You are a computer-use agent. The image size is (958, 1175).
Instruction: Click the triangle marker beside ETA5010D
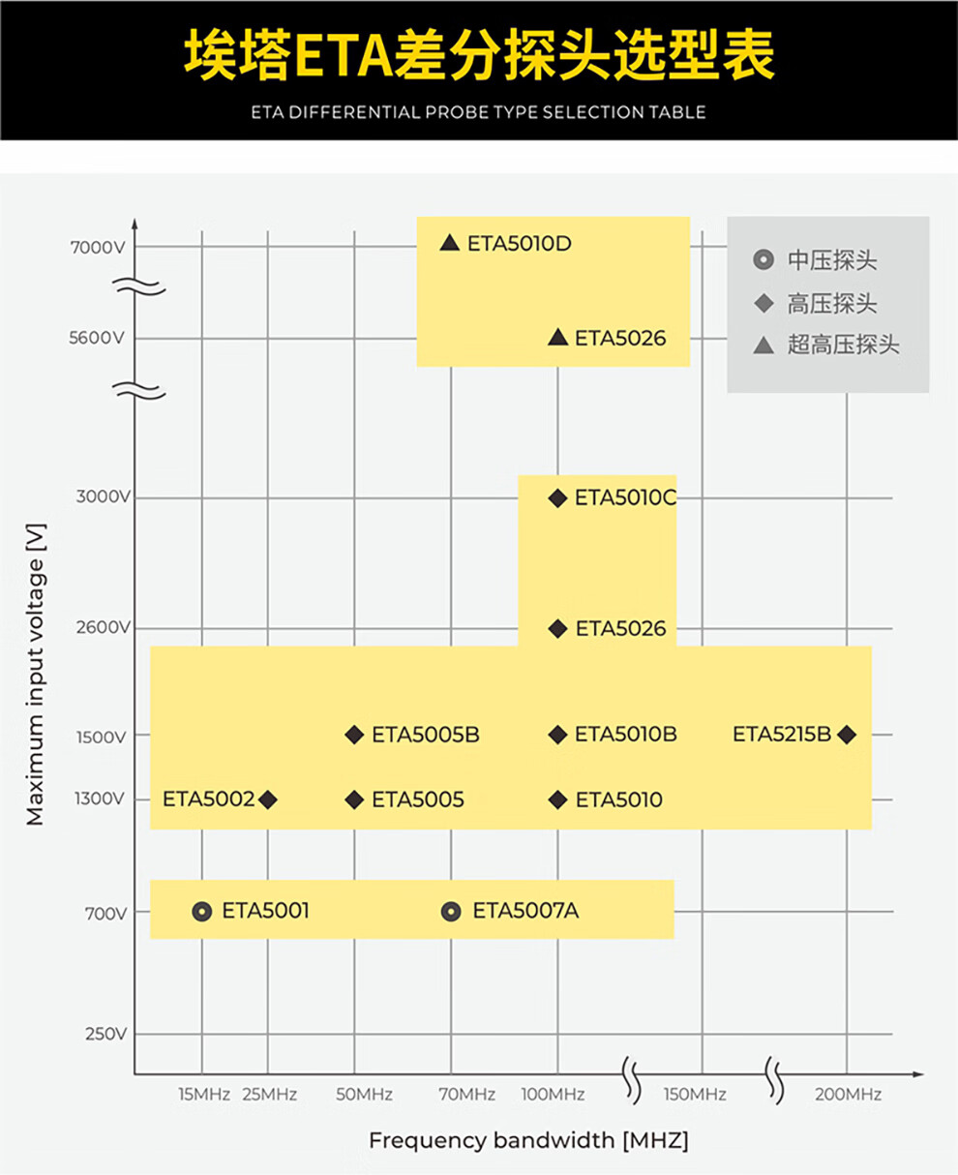pos(449,243)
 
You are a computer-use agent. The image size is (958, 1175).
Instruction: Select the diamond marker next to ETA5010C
pos(557,497)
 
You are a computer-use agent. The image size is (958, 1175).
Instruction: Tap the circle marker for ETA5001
pos(201,912)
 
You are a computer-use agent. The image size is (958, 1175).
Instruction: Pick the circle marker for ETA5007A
pos(451,912)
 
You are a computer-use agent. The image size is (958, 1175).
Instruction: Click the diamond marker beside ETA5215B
pos(847,735)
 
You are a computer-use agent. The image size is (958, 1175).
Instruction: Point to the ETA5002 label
pos(208,799)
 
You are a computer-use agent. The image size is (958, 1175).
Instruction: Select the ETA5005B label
pos(426,735)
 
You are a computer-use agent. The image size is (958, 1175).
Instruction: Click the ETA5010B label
pos(626,735)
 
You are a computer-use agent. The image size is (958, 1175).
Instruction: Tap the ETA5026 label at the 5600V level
pos(620,338)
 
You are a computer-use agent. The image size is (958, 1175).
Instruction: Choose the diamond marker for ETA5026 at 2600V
pos(557,629)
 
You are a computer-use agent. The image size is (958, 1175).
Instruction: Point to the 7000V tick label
pos(98,247)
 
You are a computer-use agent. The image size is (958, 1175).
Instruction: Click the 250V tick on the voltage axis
pos(105,1034)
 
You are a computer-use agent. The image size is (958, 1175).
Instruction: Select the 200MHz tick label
pos(848,1095)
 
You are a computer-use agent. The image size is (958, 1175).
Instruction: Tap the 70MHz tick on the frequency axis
pos(466,1095)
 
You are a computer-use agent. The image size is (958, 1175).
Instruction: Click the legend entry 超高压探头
pos(843,345)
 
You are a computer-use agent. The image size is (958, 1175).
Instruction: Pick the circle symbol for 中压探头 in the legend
pos(763,260)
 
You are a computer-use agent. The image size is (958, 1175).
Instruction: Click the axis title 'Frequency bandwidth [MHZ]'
pos(528,1140)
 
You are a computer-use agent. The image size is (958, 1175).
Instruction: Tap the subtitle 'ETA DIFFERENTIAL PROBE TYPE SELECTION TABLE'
pos(478,112)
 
